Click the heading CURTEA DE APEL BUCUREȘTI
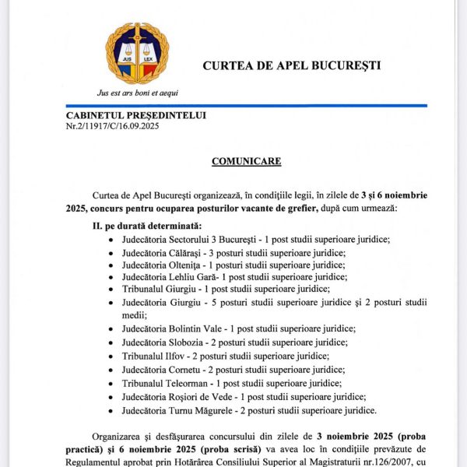(292, 65)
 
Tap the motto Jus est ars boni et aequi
(138, 92)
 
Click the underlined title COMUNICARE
(246, 161)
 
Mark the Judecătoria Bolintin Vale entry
(238, 329)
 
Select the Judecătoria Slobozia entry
(234, 342)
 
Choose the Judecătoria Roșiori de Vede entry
(244, 396)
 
